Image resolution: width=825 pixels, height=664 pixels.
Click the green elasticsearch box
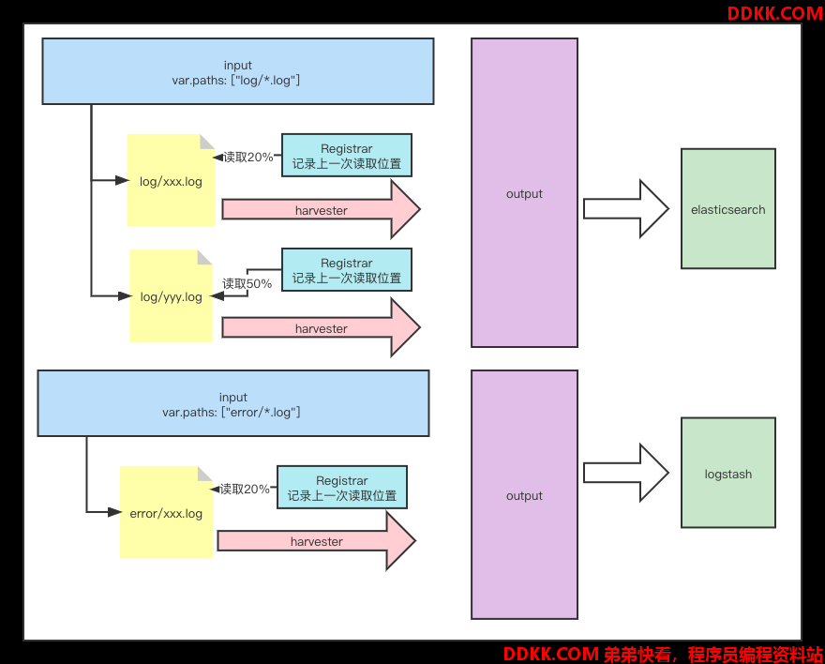click(728, 209)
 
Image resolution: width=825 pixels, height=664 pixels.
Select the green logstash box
click(728, 473)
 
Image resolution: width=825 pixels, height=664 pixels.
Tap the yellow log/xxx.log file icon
click(171, 180)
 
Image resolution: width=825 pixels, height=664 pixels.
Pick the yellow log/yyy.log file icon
click(171, 295)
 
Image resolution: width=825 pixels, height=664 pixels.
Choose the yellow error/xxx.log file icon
click(166, 512)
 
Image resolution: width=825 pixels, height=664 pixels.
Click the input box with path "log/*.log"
click(238, 71)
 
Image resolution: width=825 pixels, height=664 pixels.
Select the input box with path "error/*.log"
click(233, 403)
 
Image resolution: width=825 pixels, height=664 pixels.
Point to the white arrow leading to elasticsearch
click(626, 209)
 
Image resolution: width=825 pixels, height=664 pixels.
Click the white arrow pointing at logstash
click(626, 473)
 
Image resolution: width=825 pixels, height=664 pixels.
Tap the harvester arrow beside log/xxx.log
click(321, 209)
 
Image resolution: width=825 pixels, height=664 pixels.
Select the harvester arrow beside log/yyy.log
click(321, 327)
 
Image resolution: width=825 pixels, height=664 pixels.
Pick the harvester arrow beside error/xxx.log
click(316, 541)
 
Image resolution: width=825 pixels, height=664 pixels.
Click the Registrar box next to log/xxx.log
click(347, 155)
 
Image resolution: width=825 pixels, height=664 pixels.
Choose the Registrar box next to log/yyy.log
click(347, 270)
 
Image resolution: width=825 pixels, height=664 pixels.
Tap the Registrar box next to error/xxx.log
click(342, 487)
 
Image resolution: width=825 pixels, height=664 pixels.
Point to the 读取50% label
click(247, 283)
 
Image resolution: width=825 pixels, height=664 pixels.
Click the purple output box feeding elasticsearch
click(524, 192)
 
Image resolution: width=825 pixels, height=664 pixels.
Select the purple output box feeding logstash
click(524, 494)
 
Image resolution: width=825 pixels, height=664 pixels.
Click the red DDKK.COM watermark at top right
click(775, 13)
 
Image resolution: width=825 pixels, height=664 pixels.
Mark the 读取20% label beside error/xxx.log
click(245, 489)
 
